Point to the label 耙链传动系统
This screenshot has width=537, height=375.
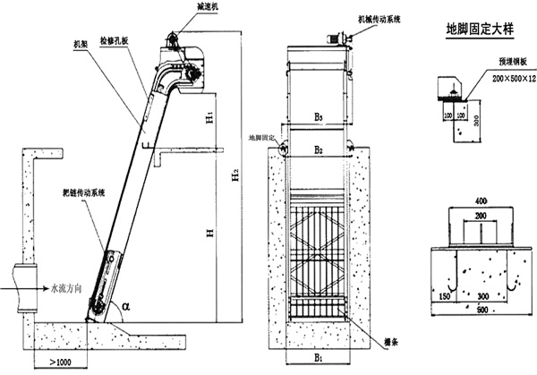(x=89, y=193)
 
